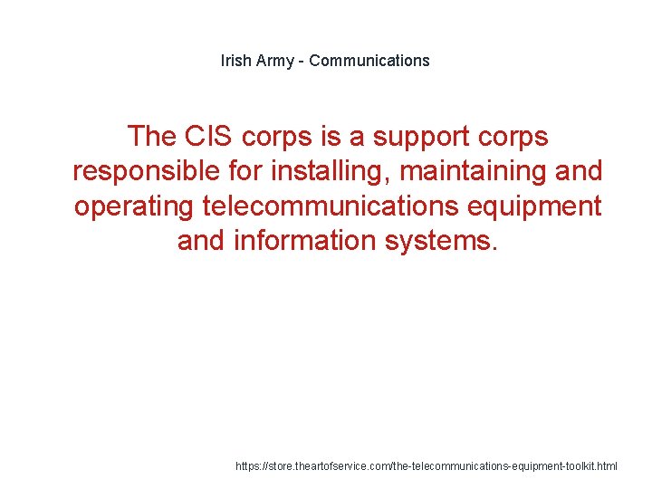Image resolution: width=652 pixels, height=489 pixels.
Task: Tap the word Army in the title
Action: [276, 61]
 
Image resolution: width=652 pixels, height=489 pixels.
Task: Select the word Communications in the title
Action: [370, 61]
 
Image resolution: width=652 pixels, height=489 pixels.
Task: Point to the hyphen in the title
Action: [303, 61]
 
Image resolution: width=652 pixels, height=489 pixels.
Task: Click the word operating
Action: [134, 207]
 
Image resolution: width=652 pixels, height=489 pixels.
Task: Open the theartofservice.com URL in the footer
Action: [426, 466]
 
